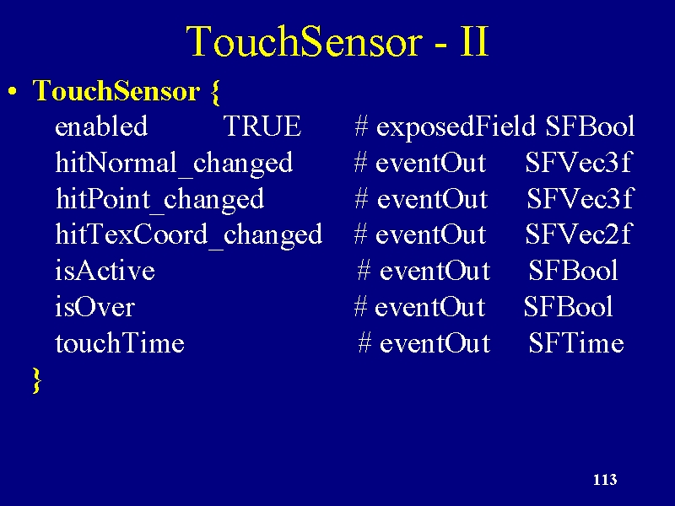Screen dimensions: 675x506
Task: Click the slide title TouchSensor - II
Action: tap(338, 40)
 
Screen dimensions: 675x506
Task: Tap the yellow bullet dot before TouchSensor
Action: tap(13, 92)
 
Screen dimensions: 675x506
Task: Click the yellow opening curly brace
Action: tap(216, 92)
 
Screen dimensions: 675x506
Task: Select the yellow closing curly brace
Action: tap(37, 380)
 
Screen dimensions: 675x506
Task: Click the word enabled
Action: tap(101, 126)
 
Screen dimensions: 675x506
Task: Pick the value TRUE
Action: tap(262, 126)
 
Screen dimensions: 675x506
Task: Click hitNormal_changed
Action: tap(174, 164)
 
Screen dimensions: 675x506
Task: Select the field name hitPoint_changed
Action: tap(159, 200)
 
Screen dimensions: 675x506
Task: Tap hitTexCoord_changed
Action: tap(188, 235)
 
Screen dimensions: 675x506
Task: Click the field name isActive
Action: tap(105, 271)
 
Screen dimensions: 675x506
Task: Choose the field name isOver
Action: tap(94, 307)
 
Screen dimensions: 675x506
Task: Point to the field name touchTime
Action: tap(120, 343)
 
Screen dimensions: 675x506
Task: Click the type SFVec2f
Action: tap(578, 234)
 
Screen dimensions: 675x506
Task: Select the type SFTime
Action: tap(576, 343)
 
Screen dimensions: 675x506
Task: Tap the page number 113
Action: tap(605, 479)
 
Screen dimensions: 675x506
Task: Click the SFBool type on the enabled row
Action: tap(590, 126)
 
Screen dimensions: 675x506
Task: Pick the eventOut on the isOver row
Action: tap(429, 307)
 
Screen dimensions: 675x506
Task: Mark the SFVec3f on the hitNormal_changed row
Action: tap(578, 163)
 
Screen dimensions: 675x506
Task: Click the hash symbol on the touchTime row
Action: tap(364, 343)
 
